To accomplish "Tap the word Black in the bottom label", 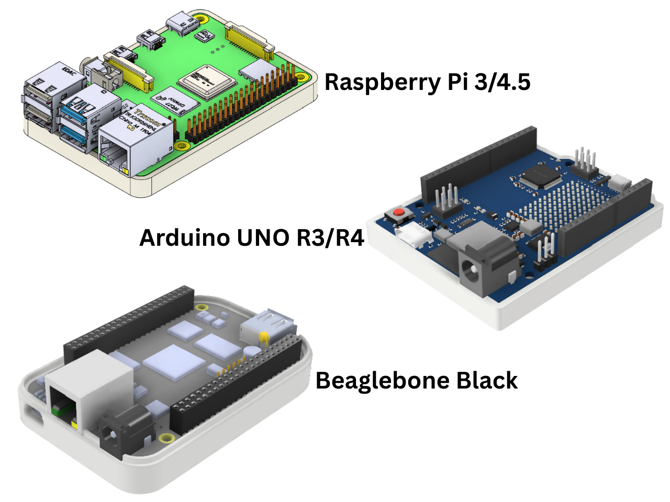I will click(487, 380).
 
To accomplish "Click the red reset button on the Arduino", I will click(399, 212).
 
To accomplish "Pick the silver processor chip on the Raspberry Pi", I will click(205, 81).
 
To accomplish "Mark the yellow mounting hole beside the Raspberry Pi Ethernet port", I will click(182, 146).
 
